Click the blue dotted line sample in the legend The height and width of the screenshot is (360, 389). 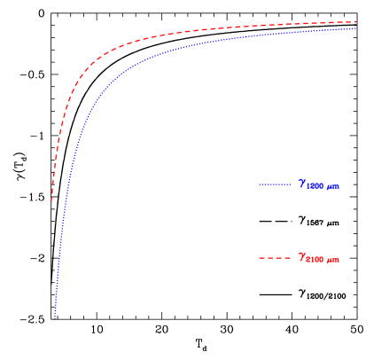coord(275,184)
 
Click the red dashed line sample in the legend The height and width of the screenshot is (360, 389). coord(275,258)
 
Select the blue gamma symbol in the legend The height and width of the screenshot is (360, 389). coord(301,183)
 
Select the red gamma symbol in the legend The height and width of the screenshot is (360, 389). coord(301,256)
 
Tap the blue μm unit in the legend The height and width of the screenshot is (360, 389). coord(333,188)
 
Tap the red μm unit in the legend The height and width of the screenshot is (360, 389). coord(333,262)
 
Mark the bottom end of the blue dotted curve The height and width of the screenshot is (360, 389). coord(55,317)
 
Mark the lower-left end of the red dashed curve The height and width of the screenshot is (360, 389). coord(51,201)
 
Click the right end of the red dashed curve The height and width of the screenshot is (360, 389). coord(356,21)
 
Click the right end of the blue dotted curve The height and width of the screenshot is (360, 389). coord(356,28)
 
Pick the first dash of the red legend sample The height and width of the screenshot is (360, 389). coord(261,258)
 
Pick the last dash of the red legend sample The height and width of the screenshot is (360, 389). coord(288,258)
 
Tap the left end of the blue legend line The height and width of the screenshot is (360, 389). coord(260,184)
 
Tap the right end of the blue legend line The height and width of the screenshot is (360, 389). coord(291,184)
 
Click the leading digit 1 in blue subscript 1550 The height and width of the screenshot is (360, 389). coord(308,187)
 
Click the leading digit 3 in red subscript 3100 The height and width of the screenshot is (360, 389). coord(308,261)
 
